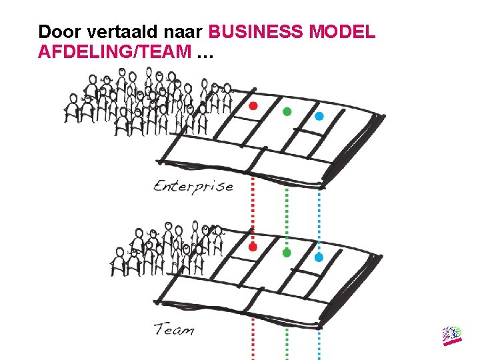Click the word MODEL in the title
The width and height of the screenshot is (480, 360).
[343, 31]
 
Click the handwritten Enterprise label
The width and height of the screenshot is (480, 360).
[193, 185]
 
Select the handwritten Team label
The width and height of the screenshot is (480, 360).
[174, 329]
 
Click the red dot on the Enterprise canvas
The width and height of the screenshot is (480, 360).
[253, 106]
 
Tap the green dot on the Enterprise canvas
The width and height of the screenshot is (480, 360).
[287, 111]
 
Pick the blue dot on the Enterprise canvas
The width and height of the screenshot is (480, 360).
[319, 116]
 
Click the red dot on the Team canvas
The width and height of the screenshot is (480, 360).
[253, 247]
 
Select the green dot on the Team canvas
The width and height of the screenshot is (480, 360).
[287, 253]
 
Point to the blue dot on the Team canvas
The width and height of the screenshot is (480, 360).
[319, 257]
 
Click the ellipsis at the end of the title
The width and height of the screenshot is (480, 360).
[205, 53]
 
